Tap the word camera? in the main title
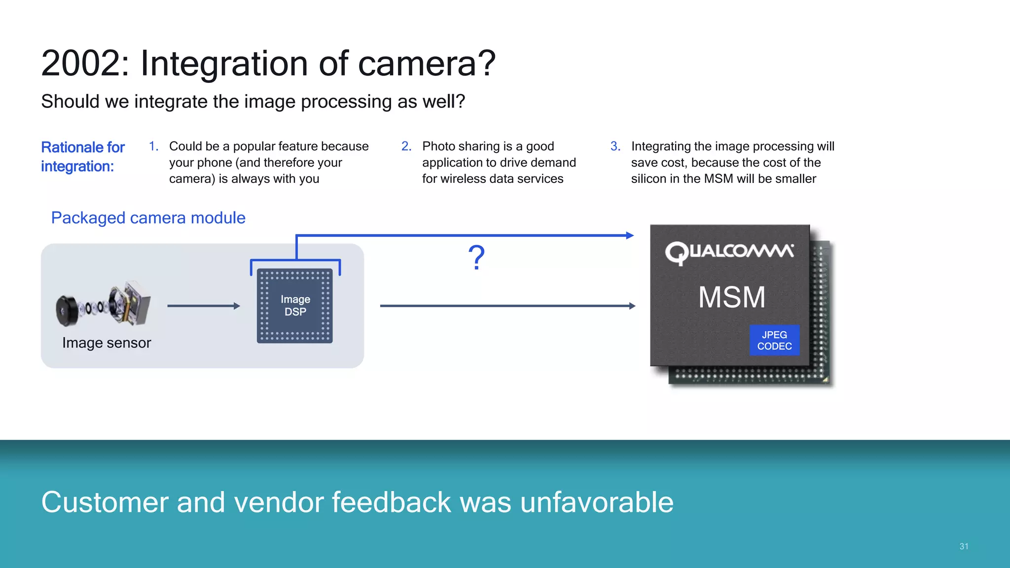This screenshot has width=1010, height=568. [426, 64]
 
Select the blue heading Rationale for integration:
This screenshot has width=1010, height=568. [82, 157]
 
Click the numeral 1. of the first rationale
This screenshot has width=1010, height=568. [153, 146]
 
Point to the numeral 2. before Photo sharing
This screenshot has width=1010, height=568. [406, 146]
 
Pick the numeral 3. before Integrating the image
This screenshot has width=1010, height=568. [615, 146]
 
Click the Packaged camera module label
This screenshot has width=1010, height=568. [148, 218]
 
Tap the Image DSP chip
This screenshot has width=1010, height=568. [295, 306]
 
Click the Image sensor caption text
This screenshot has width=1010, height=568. [107, 343]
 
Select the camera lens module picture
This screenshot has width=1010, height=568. [103, 305]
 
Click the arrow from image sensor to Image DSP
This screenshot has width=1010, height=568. [203, 306]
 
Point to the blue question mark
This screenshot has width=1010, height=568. [476, 257]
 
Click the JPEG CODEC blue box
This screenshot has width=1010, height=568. [774, 340]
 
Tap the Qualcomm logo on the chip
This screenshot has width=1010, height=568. [729, 252]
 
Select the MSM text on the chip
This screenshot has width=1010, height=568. [732, 298]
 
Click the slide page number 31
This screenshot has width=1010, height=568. [964, 546]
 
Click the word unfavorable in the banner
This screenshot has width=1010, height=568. [597, 502]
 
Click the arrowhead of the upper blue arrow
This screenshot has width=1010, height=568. [630, 236]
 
